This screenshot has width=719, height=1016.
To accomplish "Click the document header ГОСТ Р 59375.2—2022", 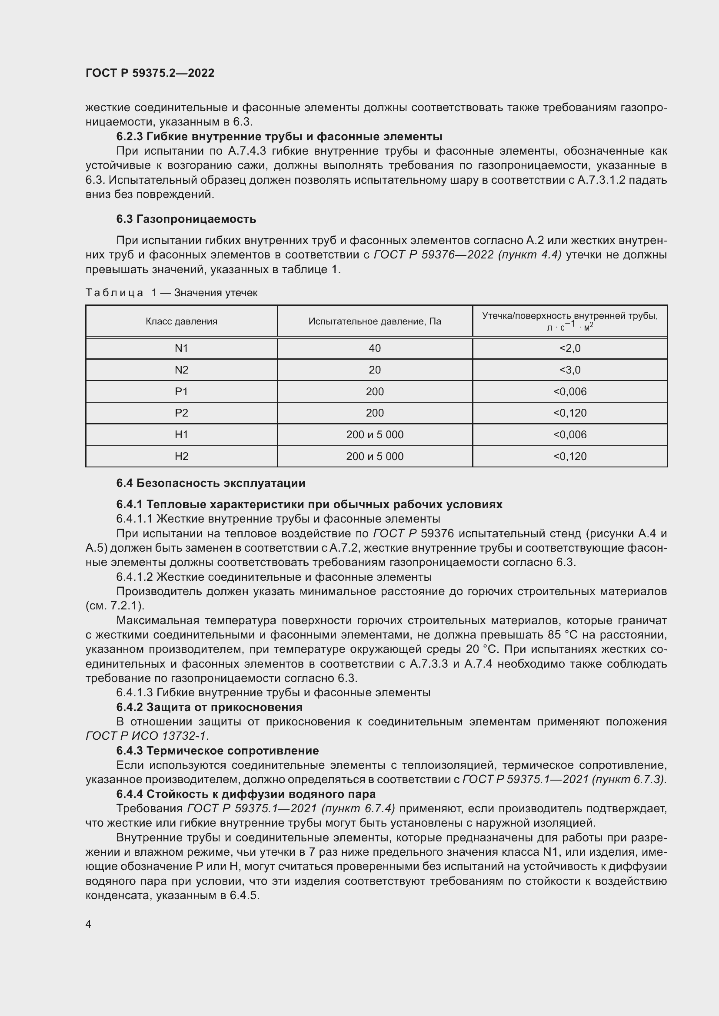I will [150, 73].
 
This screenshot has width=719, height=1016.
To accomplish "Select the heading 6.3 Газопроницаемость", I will [186, 219].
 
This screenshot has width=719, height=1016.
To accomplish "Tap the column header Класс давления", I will [182, 321].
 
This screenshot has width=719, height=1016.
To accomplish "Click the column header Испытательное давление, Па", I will [375, 321].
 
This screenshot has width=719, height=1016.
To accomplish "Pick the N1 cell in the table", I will [182, 348].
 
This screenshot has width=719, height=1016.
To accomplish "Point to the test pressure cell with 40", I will [375, 348].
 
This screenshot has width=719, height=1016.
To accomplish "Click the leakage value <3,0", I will [570, 370].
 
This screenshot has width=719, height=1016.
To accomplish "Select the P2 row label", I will [182, 413].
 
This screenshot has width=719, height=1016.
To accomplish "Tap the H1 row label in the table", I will [182, 434].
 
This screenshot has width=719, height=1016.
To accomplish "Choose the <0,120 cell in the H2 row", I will [570, 456].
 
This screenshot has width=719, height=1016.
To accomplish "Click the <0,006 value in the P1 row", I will [570, 392].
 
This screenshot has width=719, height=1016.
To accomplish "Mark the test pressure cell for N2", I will [375, 370].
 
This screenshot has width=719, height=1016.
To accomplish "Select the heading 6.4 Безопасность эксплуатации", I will [211, 483].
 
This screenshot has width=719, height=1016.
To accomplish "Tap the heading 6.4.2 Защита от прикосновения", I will [210, 707].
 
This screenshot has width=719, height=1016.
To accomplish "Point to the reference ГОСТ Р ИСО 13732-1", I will [146, 736].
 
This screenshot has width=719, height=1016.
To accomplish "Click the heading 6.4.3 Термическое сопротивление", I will [217, 751].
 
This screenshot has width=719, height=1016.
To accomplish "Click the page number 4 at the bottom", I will [88, 924].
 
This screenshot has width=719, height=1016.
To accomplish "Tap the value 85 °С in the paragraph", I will [561, 635].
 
